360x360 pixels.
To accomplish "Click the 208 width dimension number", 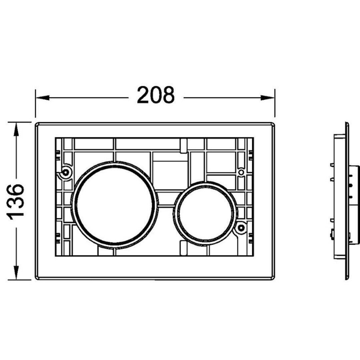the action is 156,95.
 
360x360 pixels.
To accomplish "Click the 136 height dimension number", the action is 15,202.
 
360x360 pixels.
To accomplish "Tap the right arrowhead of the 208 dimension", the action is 267,98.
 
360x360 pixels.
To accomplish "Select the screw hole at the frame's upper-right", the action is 241,172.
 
